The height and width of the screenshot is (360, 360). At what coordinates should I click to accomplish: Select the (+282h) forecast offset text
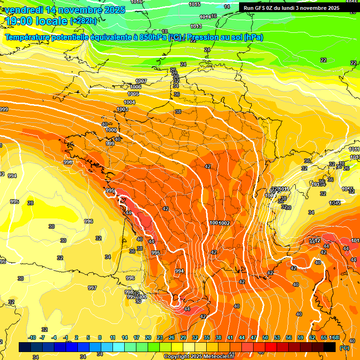coord(83,21)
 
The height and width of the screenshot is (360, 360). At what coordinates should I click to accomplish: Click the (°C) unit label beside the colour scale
coord(345,348)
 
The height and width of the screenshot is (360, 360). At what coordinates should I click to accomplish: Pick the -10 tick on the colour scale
coord(32,338)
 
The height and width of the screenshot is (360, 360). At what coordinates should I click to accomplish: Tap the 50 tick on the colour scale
coord(265,338)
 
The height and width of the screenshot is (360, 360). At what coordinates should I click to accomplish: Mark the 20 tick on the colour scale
coord(148,338)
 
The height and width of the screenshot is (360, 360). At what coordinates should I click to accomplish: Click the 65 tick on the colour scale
coord(324,338)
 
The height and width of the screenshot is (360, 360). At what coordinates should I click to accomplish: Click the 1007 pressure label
coord(141,81)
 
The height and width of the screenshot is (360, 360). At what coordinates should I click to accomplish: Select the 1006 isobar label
coord(136,87)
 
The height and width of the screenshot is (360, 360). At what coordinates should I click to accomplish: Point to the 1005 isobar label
coord(133,94)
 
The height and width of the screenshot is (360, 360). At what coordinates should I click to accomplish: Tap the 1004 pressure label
coord(129,102)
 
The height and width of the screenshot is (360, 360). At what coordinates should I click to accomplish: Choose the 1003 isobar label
coord(122,109)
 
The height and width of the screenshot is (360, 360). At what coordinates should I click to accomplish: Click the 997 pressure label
coord(92,288)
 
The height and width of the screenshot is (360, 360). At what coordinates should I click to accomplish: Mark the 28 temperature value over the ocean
coord(30,203)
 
